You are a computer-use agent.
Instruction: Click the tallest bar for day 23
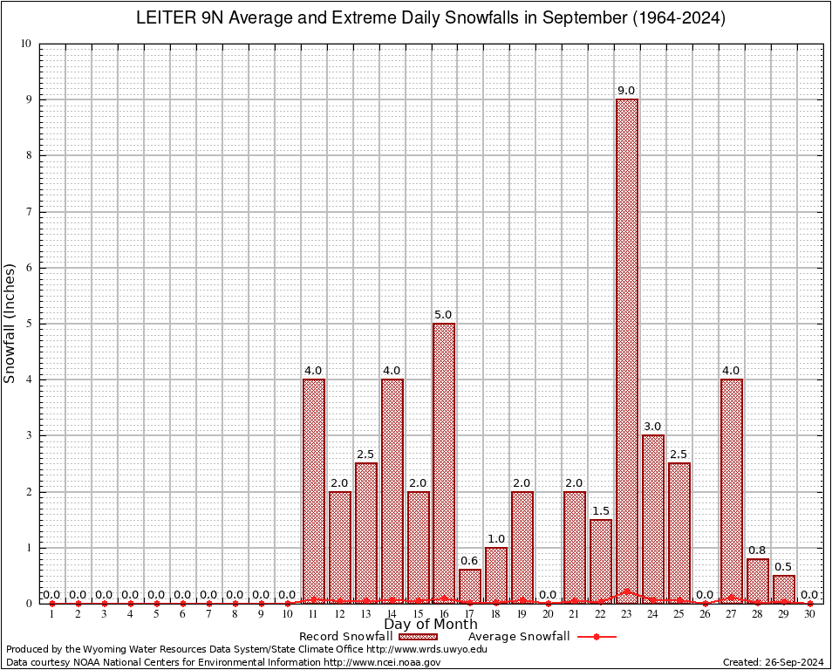(627, 349)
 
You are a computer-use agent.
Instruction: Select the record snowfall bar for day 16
(444, 462)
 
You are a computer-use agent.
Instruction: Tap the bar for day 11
(314, 489)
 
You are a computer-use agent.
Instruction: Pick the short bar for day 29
(784, 589)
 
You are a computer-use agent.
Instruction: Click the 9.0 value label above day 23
(627, 91)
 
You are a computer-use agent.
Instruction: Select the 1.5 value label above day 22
(601, 510)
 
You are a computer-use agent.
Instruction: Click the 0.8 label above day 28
(758, 550)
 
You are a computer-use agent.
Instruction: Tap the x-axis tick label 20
(549, 615)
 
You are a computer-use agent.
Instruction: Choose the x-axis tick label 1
(52, 615)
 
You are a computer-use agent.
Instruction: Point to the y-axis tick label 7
(28, 212)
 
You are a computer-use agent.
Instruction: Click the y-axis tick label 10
(25, 44)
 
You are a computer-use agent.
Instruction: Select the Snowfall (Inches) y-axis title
(10, 323)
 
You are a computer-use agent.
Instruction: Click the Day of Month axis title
(431, 625)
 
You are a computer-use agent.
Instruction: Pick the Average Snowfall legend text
(519, 637)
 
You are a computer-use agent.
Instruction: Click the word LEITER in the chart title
(166, 18)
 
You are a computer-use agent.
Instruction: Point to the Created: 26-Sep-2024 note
(774, 663)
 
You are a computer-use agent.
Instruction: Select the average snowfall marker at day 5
(157, 604)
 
